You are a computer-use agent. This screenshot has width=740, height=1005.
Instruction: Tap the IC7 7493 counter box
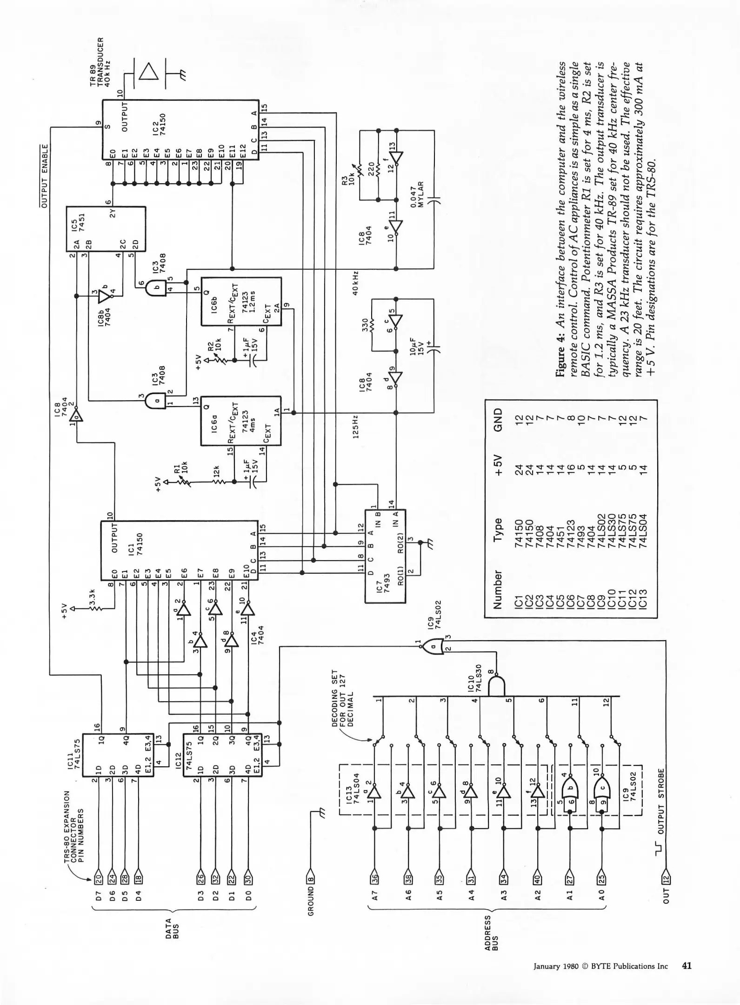(385, 556)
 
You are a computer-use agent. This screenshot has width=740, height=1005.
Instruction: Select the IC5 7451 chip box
(106, 228)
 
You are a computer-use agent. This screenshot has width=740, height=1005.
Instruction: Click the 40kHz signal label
(355, 283)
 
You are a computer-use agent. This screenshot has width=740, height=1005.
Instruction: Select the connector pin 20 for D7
(98, 878)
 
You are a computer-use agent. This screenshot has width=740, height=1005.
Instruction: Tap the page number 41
(687, 965)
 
